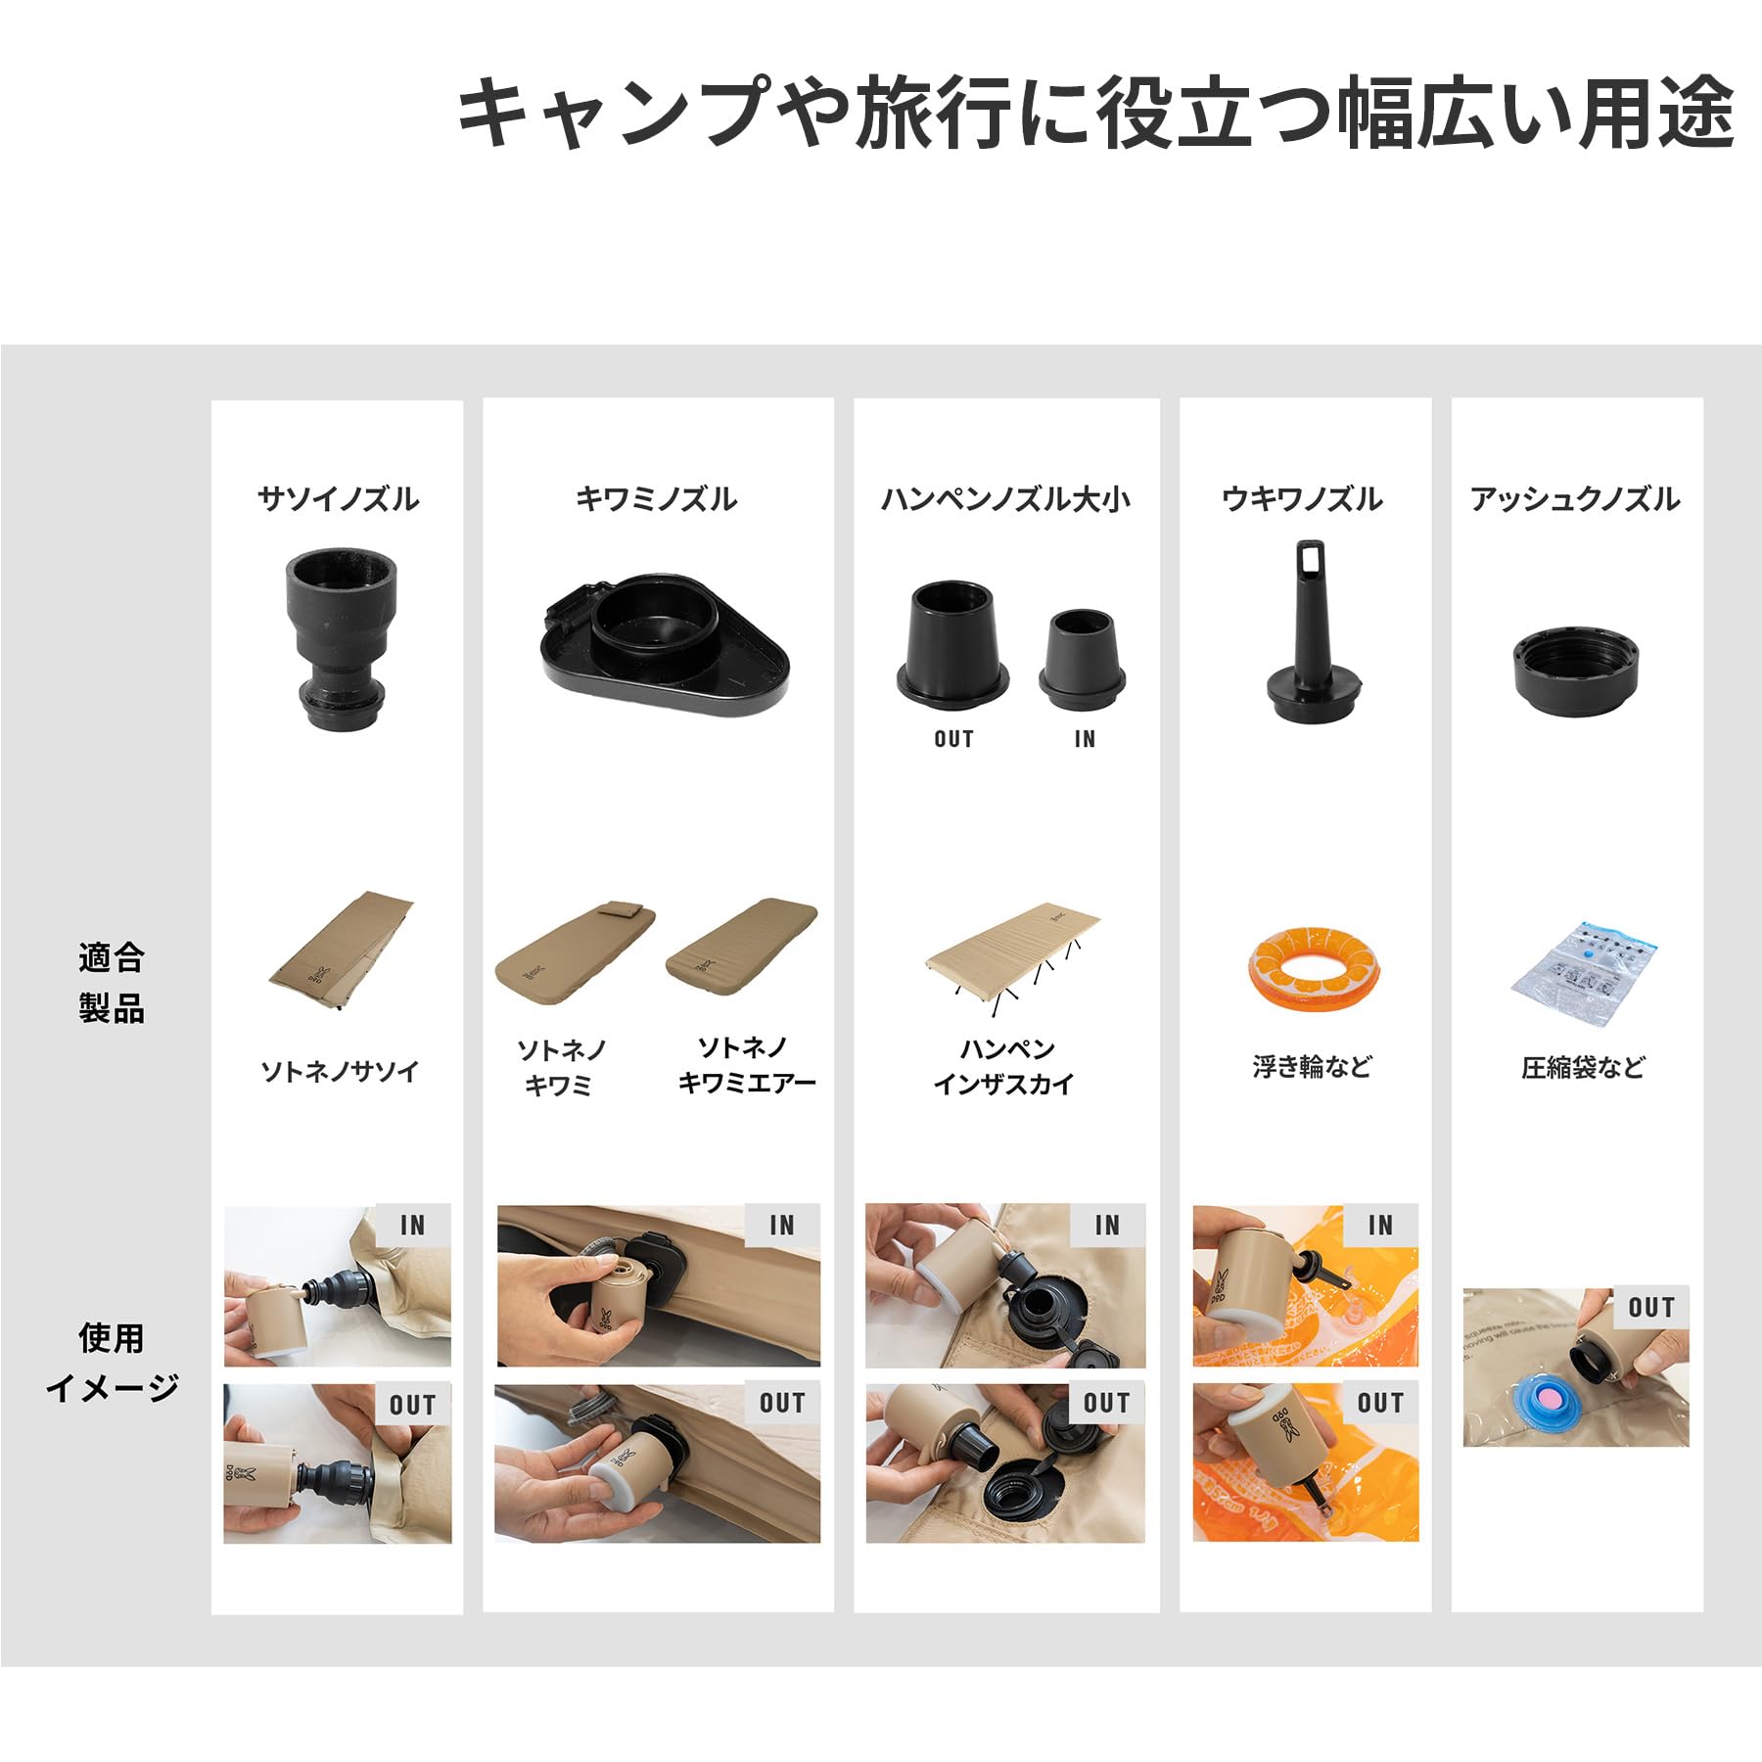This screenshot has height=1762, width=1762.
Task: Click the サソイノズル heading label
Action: click(x=338, y=499)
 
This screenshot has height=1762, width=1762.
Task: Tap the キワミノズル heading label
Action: click(x=656, y=499)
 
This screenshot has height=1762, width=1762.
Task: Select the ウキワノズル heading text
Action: click(x=1302, y=499)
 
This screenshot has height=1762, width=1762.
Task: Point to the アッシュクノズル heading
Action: click(x=1575, y=499)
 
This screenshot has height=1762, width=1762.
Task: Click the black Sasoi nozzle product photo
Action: click(x=341, y=636)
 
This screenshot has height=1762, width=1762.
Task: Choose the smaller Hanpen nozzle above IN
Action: click(x=1082, y=659)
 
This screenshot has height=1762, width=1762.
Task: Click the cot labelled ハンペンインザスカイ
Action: click(x=1013, y=959)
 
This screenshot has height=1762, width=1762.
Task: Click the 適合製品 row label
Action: click(x=112, y=983)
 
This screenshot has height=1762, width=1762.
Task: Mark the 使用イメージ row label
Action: click(x=112, y=1362)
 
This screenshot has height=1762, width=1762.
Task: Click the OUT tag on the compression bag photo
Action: click(x=1650, y=1308)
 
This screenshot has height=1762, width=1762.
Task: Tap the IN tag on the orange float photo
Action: click(x=1380, y=1225)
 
